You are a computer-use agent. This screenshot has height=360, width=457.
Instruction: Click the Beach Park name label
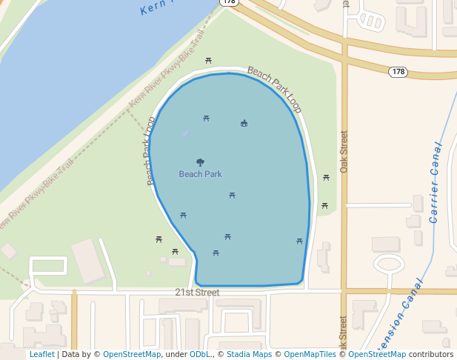[200, 174]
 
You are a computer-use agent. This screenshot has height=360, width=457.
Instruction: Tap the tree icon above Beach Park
[200, 161]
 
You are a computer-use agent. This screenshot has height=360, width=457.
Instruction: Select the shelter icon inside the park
[244, 123]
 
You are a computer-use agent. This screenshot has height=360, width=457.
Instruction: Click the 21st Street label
[197, 293]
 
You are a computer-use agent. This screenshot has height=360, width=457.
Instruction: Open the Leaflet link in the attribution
[41, 354]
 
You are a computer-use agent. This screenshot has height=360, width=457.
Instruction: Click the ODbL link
[201, 354]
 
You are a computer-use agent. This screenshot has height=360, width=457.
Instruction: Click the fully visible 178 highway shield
[398, 72]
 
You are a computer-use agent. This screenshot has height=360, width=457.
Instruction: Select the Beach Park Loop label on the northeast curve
[275, 89]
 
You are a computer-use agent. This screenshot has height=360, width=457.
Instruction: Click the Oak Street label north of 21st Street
[344, 152]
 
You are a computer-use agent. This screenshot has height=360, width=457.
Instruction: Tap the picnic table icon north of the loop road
[209, 60]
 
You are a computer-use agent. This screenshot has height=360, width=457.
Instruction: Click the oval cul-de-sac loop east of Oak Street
[389, 263]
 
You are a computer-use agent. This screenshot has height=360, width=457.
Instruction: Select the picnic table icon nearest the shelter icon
[206, 118]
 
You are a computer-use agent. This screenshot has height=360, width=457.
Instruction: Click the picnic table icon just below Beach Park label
[232, 196]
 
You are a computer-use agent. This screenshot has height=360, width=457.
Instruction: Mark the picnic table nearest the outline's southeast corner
[299, 241]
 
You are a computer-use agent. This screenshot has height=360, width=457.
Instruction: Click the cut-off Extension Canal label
[400, 315]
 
